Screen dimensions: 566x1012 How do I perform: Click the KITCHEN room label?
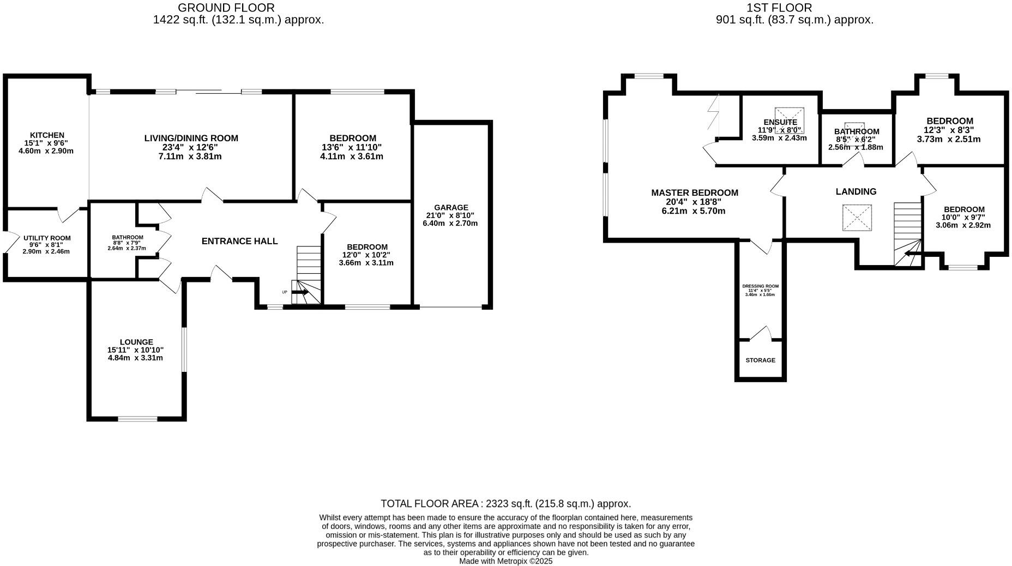[47, 135]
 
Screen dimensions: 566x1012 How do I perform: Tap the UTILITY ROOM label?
[47, 238]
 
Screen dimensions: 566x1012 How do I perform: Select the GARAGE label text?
[451, 207]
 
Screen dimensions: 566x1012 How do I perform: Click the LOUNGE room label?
[136, 342]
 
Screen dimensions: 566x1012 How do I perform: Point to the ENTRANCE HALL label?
[239, 241]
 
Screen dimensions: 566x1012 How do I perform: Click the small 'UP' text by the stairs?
[285, 292]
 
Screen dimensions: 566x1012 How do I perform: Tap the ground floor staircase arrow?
[300, 293]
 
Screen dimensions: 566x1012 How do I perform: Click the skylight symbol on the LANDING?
[857, 218]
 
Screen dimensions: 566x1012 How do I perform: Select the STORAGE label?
[760, 360]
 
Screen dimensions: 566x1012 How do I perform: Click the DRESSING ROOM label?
[760, 286]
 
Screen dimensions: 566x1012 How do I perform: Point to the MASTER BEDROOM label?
[695, 192]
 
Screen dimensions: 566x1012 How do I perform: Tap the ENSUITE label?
[780, 122]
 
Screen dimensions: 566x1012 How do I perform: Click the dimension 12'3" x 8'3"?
[949, 130]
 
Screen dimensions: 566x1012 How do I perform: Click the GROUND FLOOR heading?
[226, 8]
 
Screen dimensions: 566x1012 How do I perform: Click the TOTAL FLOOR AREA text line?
[505, 503]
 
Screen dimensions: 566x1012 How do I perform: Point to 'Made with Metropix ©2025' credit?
[505, 561]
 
